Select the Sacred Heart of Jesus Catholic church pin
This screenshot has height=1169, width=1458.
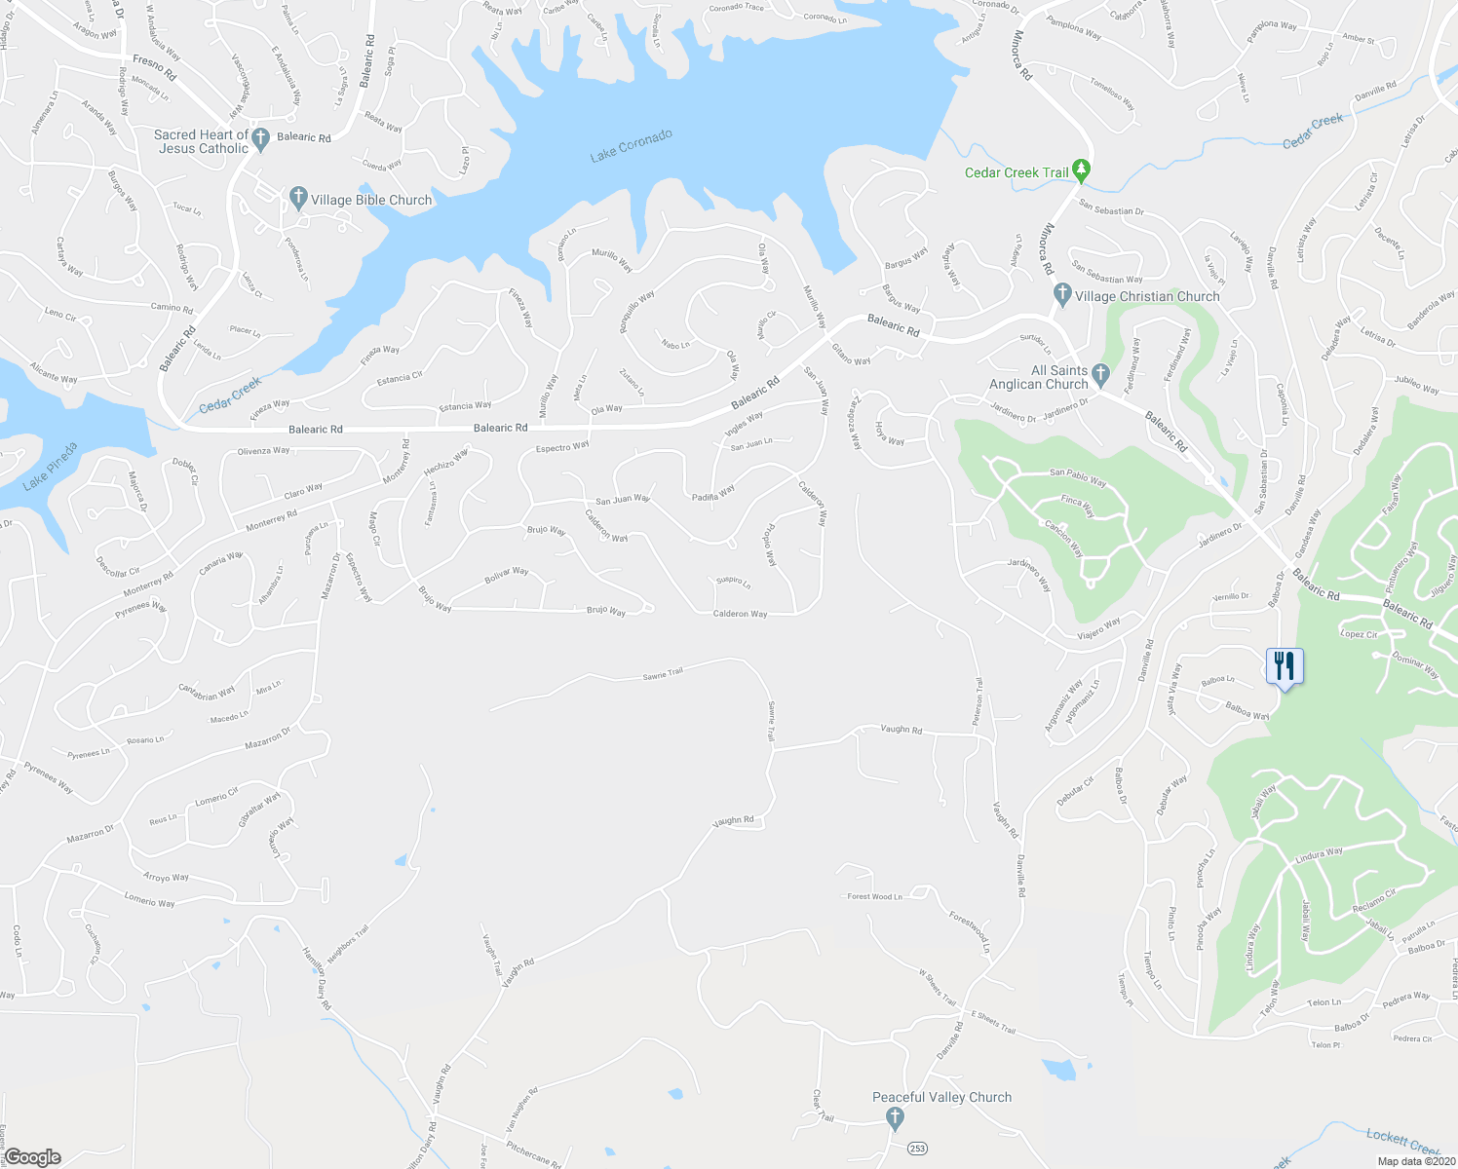coord(260,140)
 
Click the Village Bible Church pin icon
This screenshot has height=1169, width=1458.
coord(299,199)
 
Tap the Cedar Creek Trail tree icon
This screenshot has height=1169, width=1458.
coord(1081,171)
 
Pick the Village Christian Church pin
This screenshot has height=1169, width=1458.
coord(1063,294)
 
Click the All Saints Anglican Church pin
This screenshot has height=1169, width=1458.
coord(1100,373)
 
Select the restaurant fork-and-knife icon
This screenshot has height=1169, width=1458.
coord(1285,667)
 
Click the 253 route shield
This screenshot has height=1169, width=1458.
coord(917,1149)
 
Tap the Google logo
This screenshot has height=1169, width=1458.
coord(31,1157)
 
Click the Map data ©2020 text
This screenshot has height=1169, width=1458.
coord(1415,1161)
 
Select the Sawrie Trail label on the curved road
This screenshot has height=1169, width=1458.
coord(663,672)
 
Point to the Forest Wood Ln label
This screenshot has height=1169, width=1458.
coord(874,896)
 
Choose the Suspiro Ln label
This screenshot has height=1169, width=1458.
coord(733,583)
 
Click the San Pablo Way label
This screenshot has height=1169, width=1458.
coord(1077,477)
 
